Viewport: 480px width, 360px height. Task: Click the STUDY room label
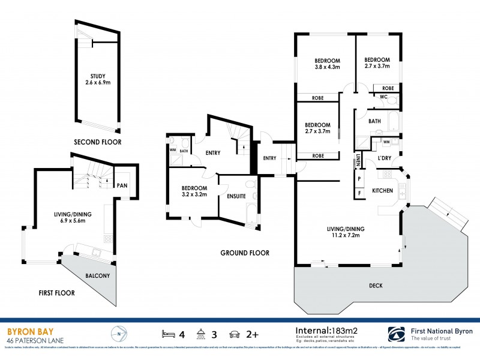pos(98,76)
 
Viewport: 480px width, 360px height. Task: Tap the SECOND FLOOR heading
pos(97,142)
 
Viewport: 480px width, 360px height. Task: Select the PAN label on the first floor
pos(122,185)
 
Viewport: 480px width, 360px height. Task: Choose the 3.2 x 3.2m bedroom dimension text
pos(194,194)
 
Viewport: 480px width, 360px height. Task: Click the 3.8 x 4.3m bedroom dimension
pos(328,67)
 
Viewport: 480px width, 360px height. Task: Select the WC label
pos(383,97)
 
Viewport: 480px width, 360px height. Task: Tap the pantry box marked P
pos(359,179)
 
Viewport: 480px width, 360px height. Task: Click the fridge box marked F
pos(359,193)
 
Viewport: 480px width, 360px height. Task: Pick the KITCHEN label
pos(383,190)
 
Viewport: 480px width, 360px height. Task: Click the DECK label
pos(376,285)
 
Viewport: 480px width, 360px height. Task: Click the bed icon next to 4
pos(168,333)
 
